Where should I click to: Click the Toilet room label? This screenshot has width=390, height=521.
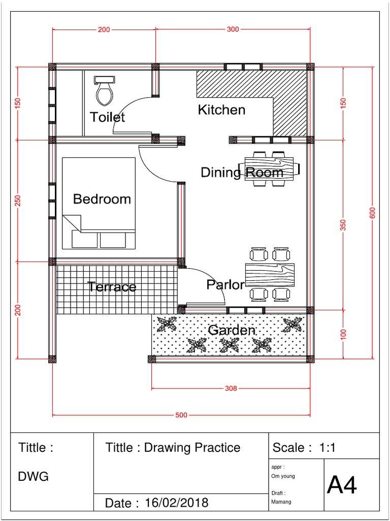[107, 117]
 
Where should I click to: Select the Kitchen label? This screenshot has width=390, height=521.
[221, 110]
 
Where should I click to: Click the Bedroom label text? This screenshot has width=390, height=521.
[102, 199]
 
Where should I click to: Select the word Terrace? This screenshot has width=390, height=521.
[112, 287]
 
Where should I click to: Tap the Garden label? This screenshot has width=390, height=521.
[232, 330]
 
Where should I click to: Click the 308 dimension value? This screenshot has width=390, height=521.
[231, 389]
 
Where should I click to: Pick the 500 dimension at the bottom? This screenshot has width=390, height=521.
[181, 415]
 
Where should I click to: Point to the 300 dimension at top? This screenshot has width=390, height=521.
[233, 30]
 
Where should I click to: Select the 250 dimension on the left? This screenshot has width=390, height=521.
[19, 200]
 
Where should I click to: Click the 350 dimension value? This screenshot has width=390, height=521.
[343, 224]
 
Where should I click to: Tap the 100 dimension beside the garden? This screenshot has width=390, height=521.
[343, 334]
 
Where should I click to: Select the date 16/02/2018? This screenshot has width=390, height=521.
[176, 503]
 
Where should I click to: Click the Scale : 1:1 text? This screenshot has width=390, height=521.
[304, 448]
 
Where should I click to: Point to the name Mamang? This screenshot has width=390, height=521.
[282, 501]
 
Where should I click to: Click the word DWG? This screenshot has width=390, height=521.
[34, 477]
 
